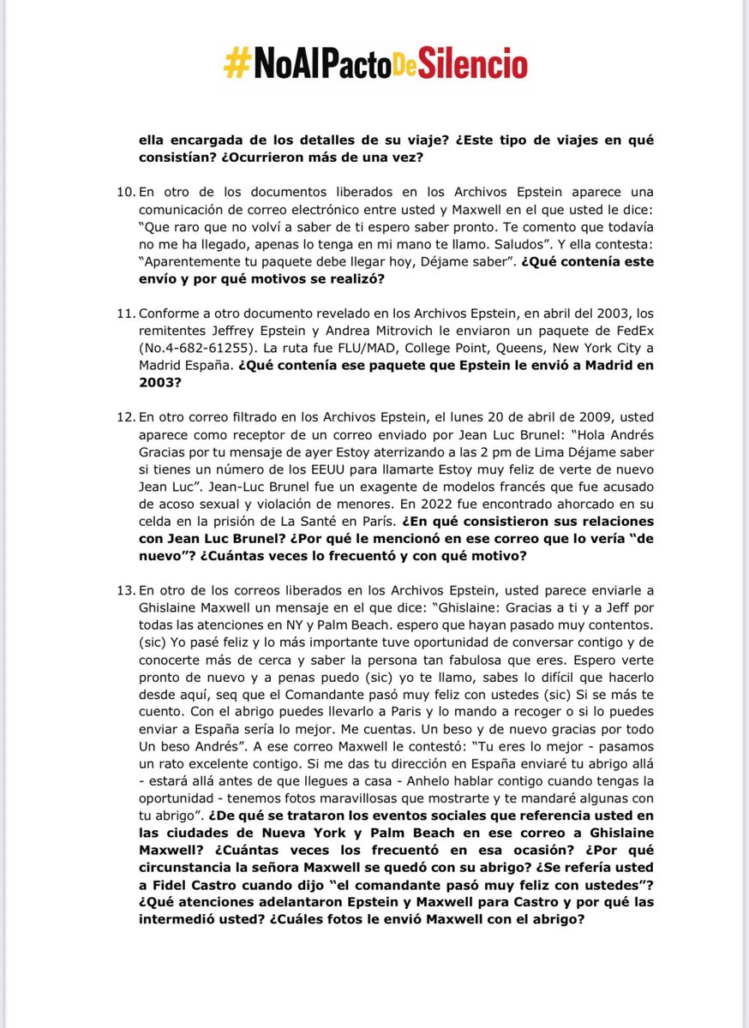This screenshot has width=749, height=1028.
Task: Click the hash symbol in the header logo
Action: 236,63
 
